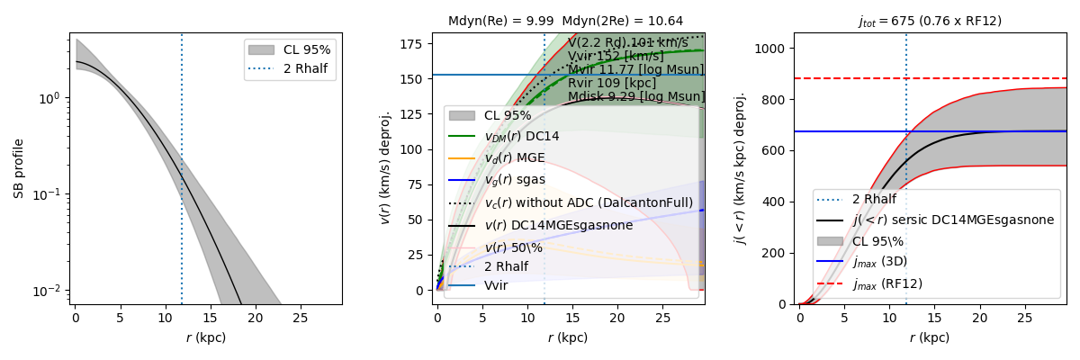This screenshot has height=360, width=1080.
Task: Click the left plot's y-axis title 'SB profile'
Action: click(19, 170)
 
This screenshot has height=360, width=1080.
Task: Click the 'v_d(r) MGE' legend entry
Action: click(515, 158)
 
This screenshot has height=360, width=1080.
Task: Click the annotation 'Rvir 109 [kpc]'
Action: click(612, 83)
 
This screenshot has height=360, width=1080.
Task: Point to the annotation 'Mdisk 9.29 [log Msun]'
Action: click(635, 96)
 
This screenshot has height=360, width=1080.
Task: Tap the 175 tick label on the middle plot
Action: click(416, 42)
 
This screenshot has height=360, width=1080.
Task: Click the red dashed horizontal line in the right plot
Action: click(990, 78)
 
